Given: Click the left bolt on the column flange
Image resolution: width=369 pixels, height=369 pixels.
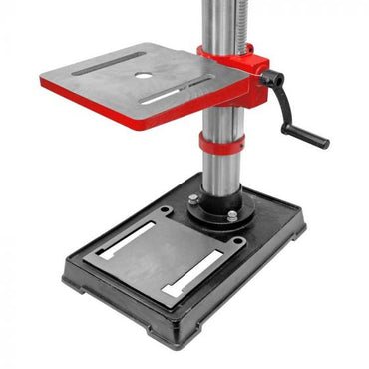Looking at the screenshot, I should [193, 199].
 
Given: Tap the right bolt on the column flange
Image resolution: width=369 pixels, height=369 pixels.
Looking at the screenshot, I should [232, 215].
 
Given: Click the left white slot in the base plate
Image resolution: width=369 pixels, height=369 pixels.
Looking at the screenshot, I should [127, 241].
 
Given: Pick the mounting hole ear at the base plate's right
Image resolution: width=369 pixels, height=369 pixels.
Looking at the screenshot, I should [236, 242].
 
